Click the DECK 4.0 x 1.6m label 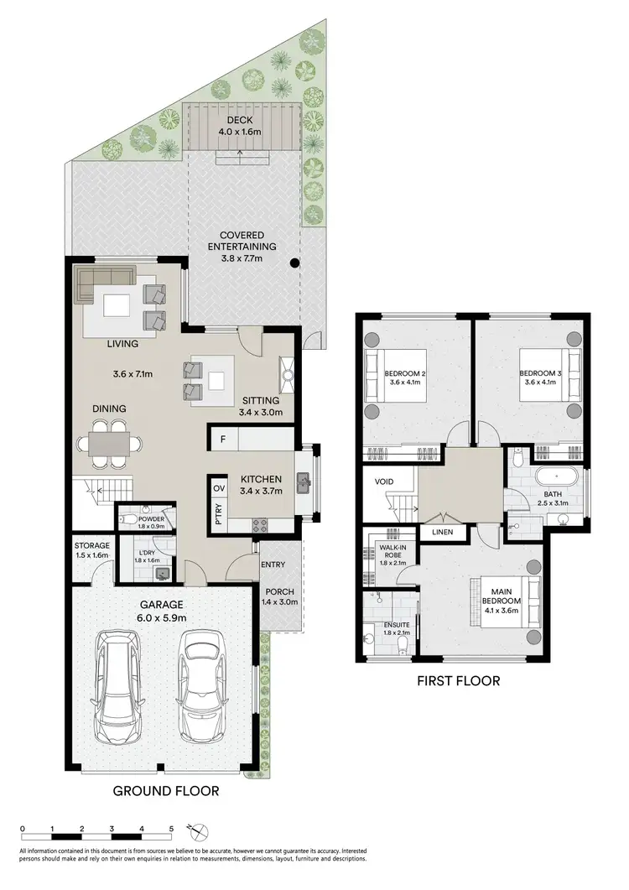tap(242, 127)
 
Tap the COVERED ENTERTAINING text tap(242, 241)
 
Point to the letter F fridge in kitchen tap(223, 440)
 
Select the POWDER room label tap(151, 519)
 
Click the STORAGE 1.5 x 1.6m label tap(91, 550)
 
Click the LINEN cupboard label tap(443, 533)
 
